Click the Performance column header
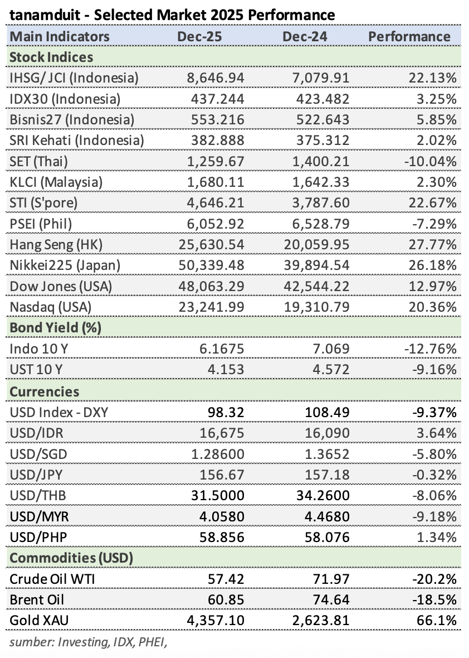409,37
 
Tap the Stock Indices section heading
51,57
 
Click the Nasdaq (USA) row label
51,307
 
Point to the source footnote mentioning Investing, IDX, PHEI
89,642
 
